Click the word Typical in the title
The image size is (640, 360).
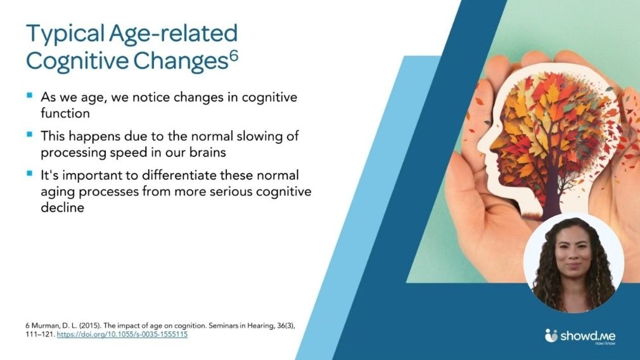(x=66, y=34)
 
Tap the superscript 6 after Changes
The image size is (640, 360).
(x=233, y=55)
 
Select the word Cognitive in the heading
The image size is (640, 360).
(x=77, y=61)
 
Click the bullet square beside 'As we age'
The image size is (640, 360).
(x=29, y=96)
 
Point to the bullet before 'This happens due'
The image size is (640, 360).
(x=29, y=134)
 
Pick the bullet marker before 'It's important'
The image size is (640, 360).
(x=29, y=174)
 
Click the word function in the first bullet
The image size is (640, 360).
(x=65, y=113)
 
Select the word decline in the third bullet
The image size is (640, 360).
(x=62, y=207)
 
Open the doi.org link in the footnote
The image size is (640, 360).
(x=122, y=334)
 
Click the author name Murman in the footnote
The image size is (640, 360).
(x=45, y=326)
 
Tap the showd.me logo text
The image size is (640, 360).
(x=588, y=336)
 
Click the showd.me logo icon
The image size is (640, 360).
(x=551, y=335)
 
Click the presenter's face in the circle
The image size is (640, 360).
(x=573, y=257)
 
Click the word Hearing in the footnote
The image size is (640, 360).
(x=260, y=326)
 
